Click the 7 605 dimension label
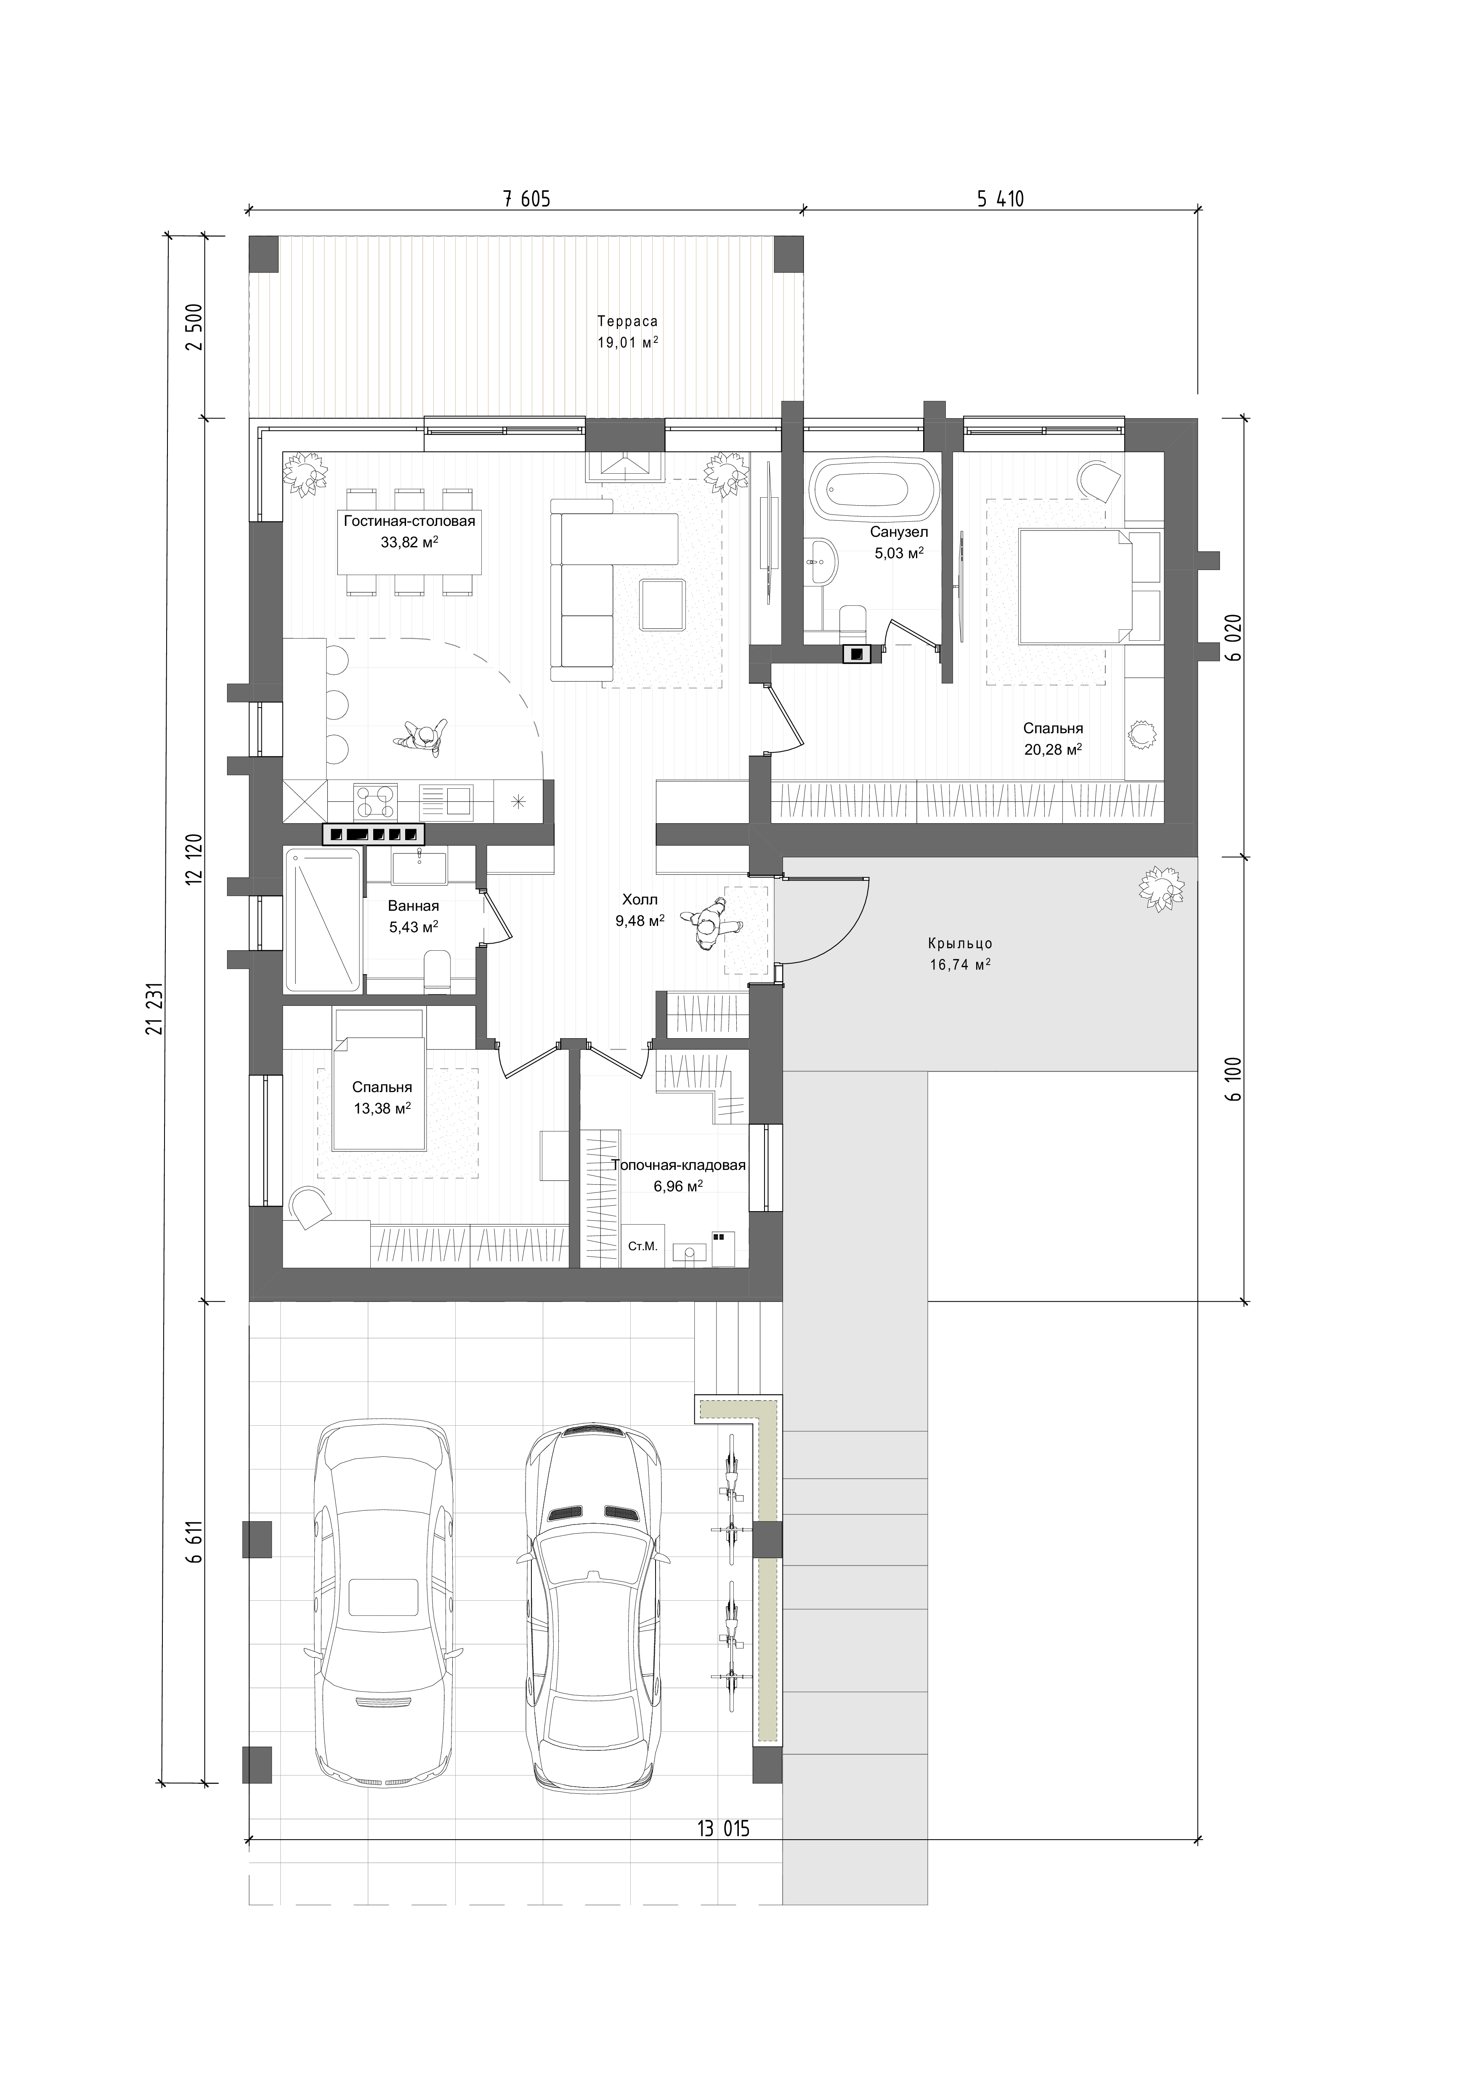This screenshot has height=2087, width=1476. coord(527,198)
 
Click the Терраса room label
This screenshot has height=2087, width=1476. coord(627,321)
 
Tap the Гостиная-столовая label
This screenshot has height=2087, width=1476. coord(409,521)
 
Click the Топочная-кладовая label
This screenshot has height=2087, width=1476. coord(678,1165)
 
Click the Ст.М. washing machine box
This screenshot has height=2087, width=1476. coord(642,1246)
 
